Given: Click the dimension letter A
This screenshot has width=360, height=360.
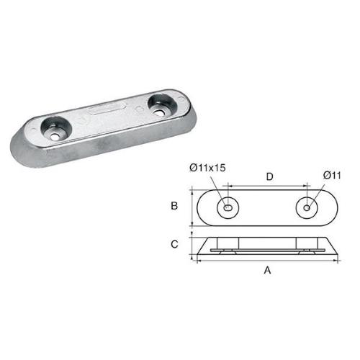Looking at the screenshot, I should point(268,271).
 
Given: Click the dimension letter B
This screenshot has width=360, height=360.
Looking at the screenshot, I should point(175,206).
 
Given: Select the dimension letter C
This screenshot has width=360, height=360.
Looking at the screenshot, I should point(175,244).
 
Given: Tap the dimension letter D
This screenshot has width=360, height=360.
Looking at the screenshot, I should point(269,176).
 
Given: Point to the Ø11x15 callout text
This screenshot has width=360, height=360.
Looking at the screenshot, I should point(210,168).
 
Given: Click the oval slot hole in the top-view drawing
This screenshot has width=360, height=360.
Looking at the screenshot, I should point(228,207).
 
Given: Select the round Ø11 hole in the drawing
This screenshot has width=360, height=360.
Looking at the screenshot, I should point(308,207).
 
